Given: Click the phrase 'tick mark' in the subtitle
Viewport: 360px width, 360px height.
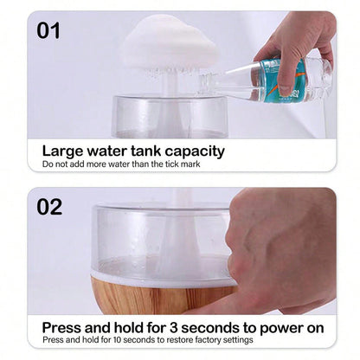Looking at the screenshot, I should pyautogui.click(x=180, y=164).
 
